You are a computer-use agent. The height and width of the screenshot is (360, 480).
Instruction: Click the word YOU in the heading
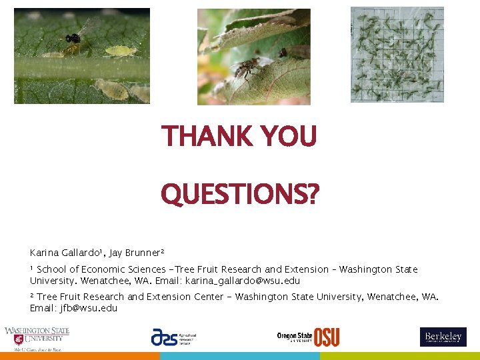click(290, 137)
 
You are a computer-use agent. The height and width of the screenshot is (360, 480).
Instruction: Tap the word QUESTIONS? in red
click(240, 195)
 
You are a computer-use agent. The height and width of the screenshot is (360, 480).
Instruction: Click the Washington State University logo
click(37, 338)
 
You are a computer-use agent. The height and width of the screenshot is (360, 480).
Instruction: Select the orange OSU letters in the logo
click(326, 337)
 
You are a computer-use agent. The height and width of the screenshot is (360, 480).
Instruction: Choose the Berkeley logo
click(443, 337)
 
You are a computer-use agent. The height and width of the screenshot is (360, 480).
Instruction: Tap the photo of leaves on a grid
click(397, 55)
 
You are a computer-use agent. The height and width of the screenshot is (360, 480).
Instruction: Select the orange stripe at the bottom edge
click(80, 356)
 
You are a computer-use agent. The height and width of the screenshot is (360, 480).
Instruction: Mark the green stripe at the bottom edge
click(400, 356)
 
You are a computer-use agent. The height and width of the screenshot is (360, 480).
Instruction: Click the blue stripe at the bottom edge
click(240, 356)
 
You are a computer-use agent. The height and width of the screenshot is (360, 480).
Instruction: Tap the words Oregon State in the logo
click(295, 335)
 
